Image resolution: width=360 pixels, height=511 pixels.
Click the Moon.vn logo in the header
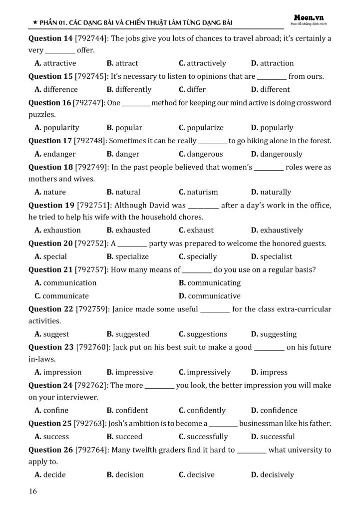point(309,17)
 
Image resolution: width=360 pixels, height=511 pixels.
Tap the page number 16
point(32,492)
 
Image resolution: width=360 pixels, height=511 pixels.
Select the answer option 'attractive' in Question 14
point(59,63)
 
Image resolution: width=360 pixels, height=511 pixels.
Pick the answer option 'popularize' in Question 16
point(205,128)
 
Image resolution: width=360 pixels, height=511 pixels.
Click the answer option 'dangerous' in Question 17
point(205,154)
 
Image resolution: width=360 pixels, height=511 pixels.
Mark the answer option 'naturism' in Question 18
point(202,192)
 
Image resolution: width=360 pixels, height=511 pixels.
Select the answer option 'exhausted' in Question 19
point(132,230)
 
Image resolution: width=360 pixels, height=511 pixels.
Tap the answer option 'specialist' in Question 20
point(276,256)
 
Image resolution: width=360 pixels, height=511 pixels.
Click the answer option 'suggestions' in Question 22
point(207,334)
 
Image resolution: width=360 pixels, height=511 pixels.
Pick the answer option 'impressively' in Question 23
point(209,372)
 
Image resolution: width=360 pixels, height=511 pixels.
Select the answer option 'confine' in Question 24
point(55,410)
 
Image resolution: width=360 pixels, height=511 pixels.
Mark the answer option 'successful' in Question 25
point(277,437)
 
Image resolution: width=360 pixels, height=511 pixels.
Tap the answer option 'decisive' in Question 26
point(201,475)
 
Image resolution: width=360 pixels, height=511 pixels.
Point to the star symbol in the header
point(34,22)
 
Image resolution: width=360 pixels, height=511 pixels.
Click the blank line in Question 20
point(132,245)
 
